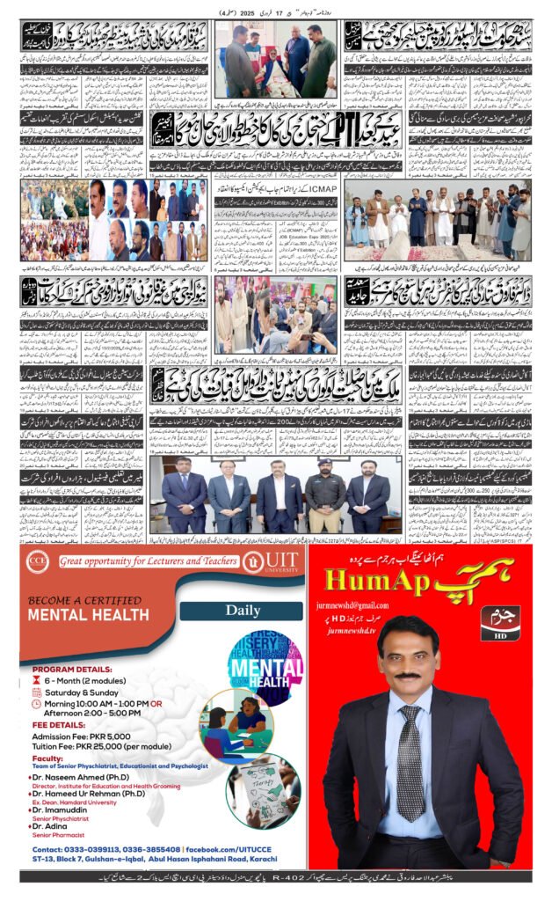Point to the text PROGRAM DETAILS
point(66,668)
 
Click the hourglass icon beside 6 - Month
point(36,681)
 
